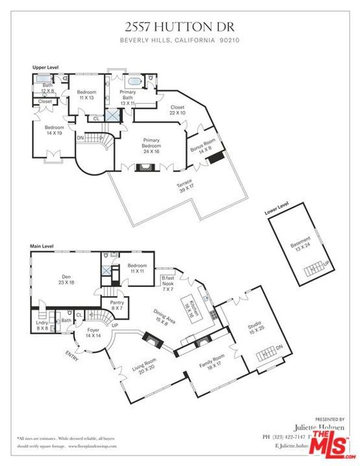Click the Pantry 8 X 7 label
(115, 305)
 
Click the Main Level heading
(42, 246)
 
